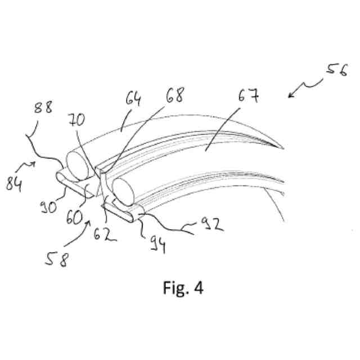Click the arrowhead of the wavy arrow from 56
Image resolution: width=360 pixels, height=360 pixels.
290,96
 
